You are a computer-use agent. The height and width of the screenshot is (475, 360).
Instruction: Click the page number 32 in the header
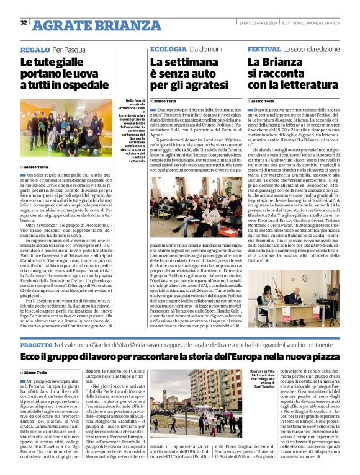pos(23,23)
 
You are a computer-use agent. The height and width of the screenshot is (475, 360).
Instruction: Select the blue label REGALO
pos(35,49)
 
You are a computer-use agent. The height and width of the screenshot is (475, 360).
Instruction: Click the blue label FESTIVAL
pos(264,49)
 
